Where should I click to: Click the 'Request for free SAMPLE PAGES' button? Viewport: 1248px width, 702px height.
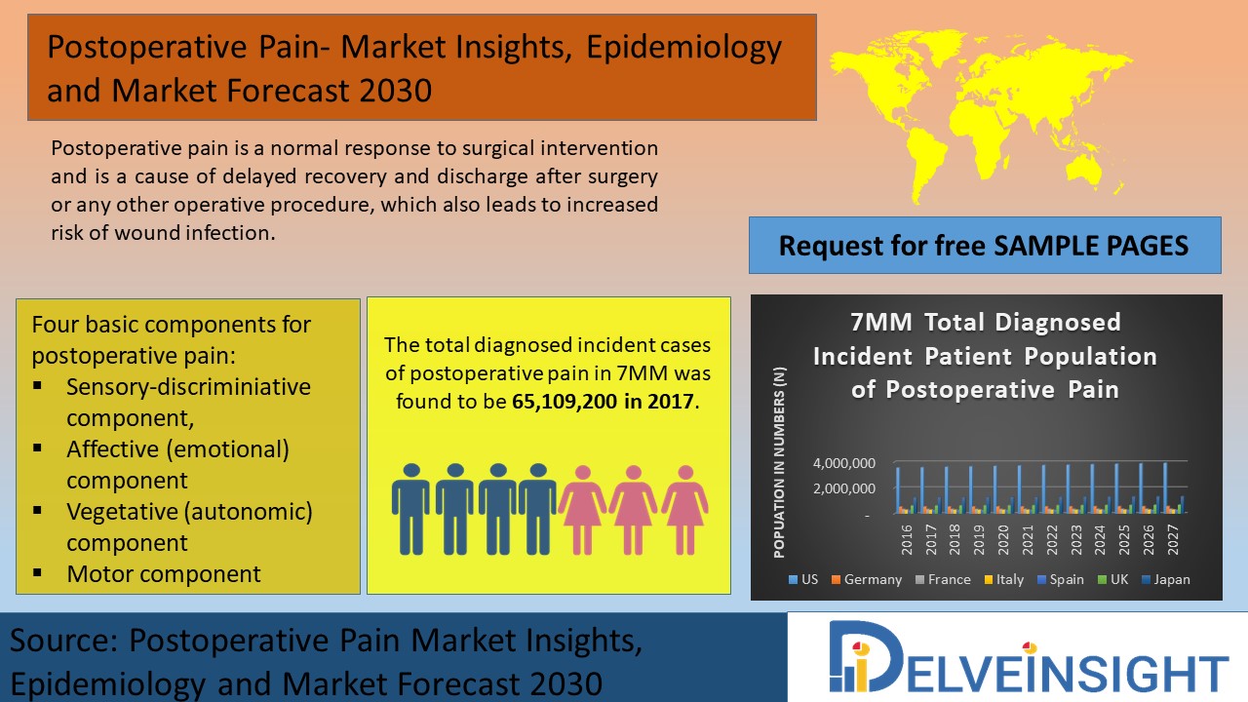985,245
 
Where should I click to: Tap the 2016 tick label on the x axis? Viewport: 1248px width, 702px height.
907,539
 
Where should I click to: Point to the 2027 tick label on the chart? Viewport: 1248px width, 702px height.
1173,539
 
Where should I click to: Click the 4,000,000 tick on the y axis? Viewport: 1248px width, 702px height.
844,463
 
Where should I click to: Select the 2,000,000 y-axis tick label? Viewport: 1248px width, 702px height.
844,488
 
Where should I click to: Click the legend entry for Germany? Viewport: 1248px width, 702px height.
867,579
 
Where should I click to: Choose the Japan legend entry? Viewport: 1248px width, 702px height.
1165,579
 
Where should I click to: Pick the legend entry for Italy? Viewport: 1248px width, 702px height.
1004,579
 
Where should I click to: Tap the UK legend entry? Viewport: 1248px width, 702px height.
1112,579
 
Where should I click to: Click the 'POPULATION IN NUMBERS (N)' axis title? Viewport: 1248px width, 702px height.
779,462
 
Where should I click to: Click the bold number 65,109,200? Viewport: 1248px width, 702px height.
557,401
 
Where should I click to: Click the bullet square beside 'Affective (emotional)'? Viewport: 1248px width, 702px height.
37,448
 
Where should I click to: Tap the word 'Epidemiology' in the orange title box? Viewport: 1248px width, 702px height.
684,48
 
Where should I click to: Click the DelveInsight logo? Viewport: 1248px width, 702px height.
1029,657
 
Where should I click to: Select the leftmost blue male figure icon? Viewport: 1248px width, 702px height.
411,509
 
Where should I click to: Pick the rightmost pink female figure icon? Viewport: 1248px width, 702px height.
685,510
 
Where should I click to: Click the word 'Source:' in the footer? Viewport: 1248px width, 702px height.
64,641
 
